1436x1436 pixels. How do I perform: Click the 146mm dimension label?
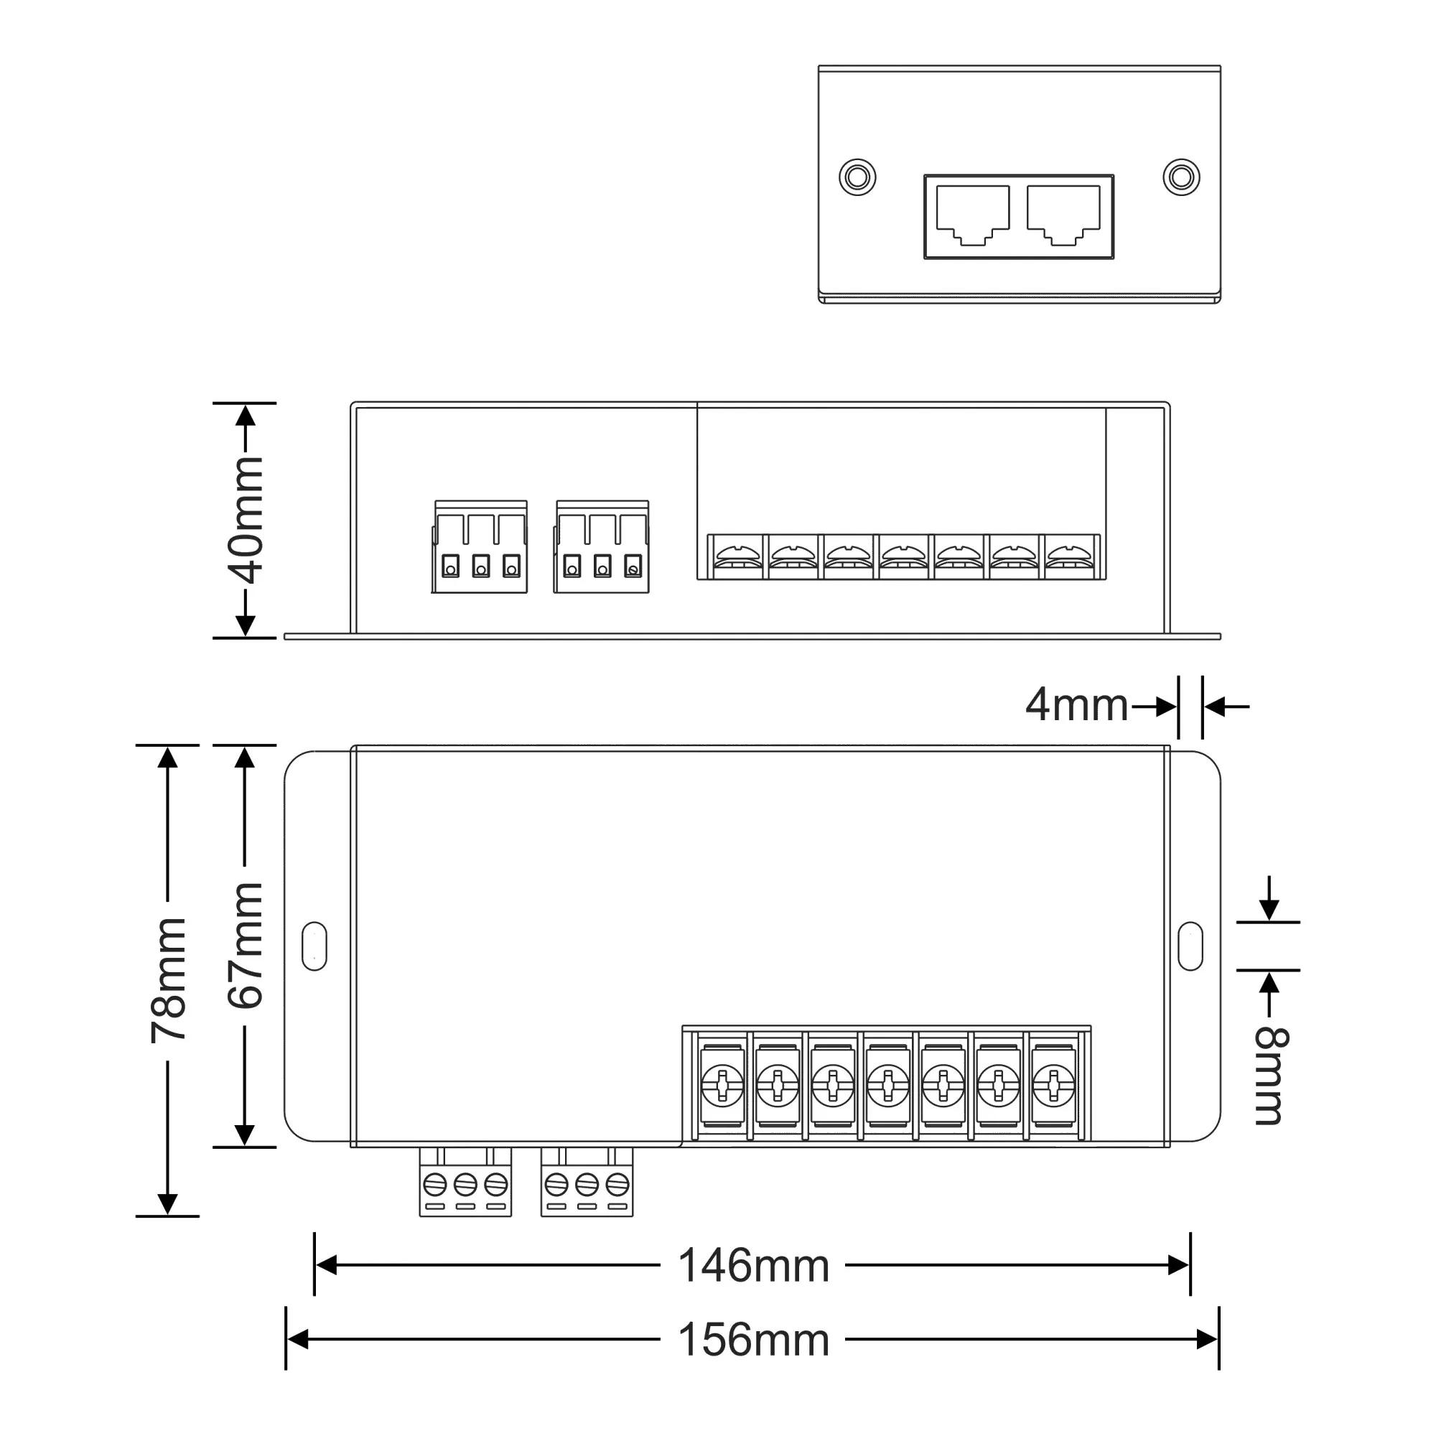[753, 1267]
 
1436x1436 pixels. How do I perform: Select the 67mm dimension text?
[246, 945]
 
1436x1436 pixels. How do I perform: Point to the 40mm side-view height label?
[246, 521]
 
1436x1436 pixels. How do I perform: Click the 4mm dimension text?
[1076, 705]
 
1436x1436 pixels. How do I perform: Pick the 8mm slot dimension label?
[1271, 1076]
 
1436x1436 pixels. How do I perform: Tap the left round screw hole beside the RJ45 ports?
[857, 177]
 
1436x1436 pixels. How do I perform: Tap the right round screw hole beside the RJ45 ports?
[1181, 177]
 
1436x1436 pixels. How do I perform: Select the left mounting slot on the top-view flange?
[314, 946]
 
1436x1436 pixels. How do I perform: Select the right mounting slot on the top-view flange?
[1190, 946]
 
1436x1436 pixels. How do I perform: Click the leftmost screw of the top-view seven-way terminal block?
[722, 1086]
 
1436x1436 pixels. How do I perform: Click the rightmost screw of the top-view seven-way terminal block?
[1053, 1086]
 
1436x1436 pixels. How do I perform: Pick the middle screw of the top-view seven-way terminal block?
[888, 1086]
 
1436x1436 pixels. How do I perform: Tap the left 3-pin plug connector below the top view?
[465, 1182]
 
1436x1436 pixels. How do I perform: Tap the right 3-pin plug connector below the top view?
[587, 1182]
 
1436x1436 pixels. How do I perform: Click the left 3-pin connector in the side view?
[480, 547]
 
